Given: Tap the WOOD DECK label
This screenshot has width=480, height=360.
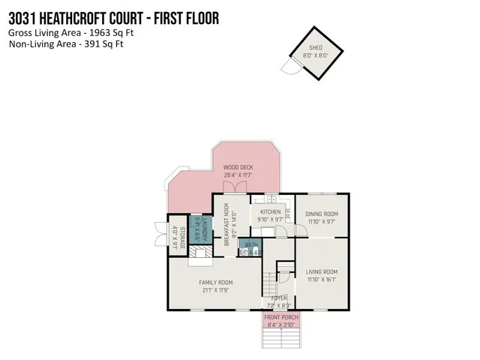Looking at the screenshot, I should click(238, 167).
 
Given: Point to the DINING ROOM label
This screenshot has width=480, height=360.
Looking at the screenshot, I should click(322, 214).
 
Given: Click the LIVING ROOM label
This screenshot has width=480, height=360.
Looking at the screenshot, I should click(322, 271).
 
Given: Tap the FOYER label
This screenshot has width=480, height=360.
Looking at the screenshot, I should click(279, 298).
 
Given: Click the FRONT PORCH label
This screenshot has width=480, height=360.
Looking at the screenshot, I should click(282, 318).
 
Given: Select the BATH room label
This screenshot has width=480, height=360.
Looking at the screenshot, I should click(251, 245).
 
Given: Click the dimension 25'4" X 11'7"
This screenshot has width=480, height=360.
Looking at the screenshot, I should click(238, 175).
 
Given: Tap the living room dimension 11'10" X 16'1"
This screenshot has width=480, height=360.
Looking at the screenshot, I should click(322, 280).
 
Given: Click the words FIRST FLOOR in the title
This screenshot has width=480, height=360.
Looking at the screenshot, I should click(180, 16).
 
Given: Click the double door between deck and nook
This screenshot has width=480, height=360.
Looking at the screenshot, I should click(238, 187).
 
